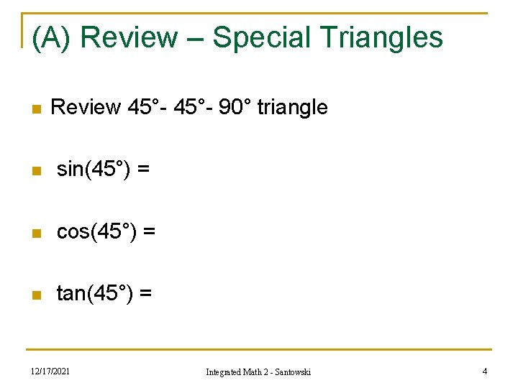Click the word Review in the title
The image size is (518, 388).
[129, 37]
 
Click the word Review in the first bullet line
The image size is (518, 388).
[86, 108]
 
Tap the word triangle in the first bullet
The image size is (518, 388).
[292, 108]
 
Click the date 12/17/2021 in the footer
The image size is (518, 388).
[50, 371]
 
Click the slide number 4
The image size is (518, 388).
[485, 371]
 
